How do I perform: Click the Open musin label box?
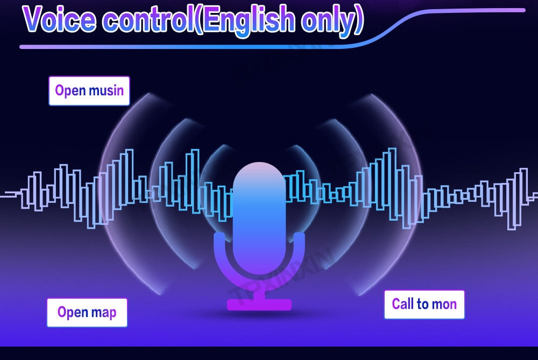(89, 90)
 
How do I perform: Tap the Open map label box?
(87, 312)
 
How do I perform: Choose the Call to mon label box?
(424, 305)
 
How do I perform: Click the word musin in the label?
(107, 90)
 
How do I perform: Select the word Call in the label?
(403, 304)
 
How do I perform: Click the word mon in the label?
(444, 305)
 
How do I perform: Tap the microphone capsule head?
(259, 216)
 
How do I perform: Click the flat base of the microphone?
(259, 305)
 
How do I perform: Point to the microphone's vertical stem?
(259, 291)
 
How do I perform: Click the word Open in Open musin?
(70, 91)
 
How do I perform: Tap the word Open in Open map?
(73, 313)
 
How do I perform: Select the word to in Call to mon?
(423, 304)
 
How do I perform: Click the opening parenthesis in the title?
(199, 19)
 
